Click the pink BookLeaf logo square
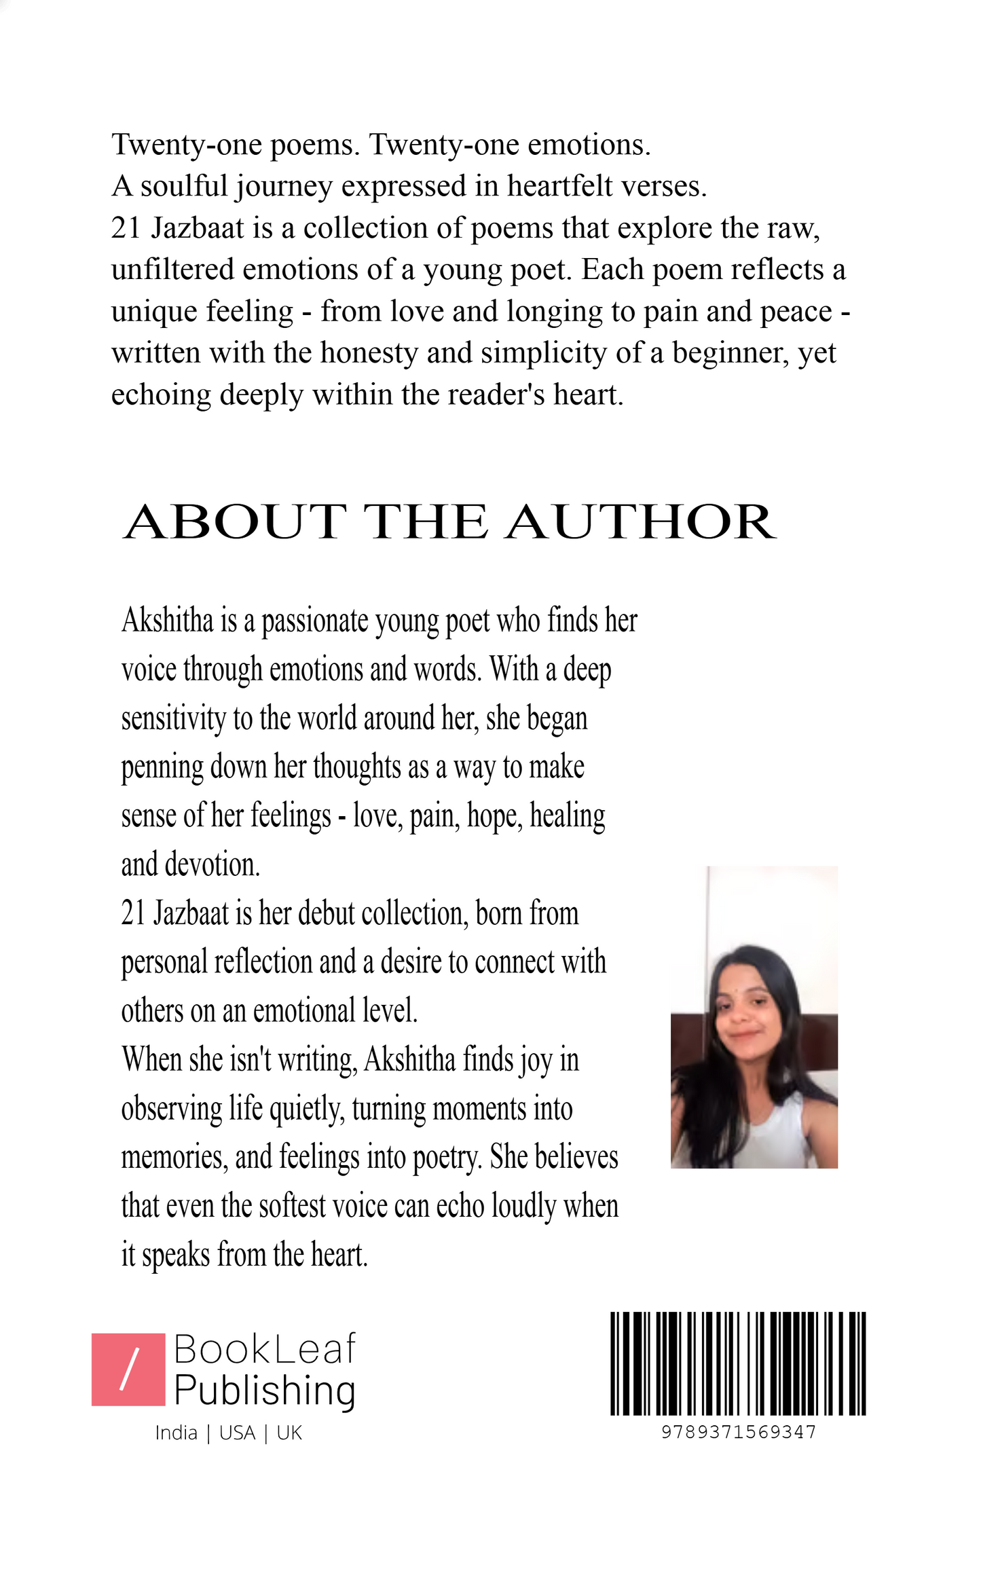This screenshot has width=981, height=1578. [x=128, y=1370]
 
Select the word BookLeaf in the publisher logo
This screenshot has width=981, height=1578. [x=265, y=1349]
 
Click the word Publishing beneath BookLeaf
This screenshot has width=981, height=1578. [x=265, y=1391]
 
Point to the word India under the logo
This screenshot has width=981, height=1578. [x=176, y=1433]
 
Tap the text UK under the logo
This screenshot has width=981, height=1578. [x=289, y=1433]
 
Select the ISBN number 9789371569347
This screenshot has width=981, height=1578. [x=739, y=1432]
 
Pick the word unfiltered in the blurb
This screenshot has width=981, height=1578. [x=172, y=270]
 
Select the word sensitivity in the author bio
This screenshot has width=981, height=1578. [x=173, y=718]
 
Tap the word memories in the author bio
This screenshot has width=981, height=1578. [x=174, y=1157]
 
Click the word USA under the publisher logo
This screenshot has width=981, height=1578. [x=238, y=1433]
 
